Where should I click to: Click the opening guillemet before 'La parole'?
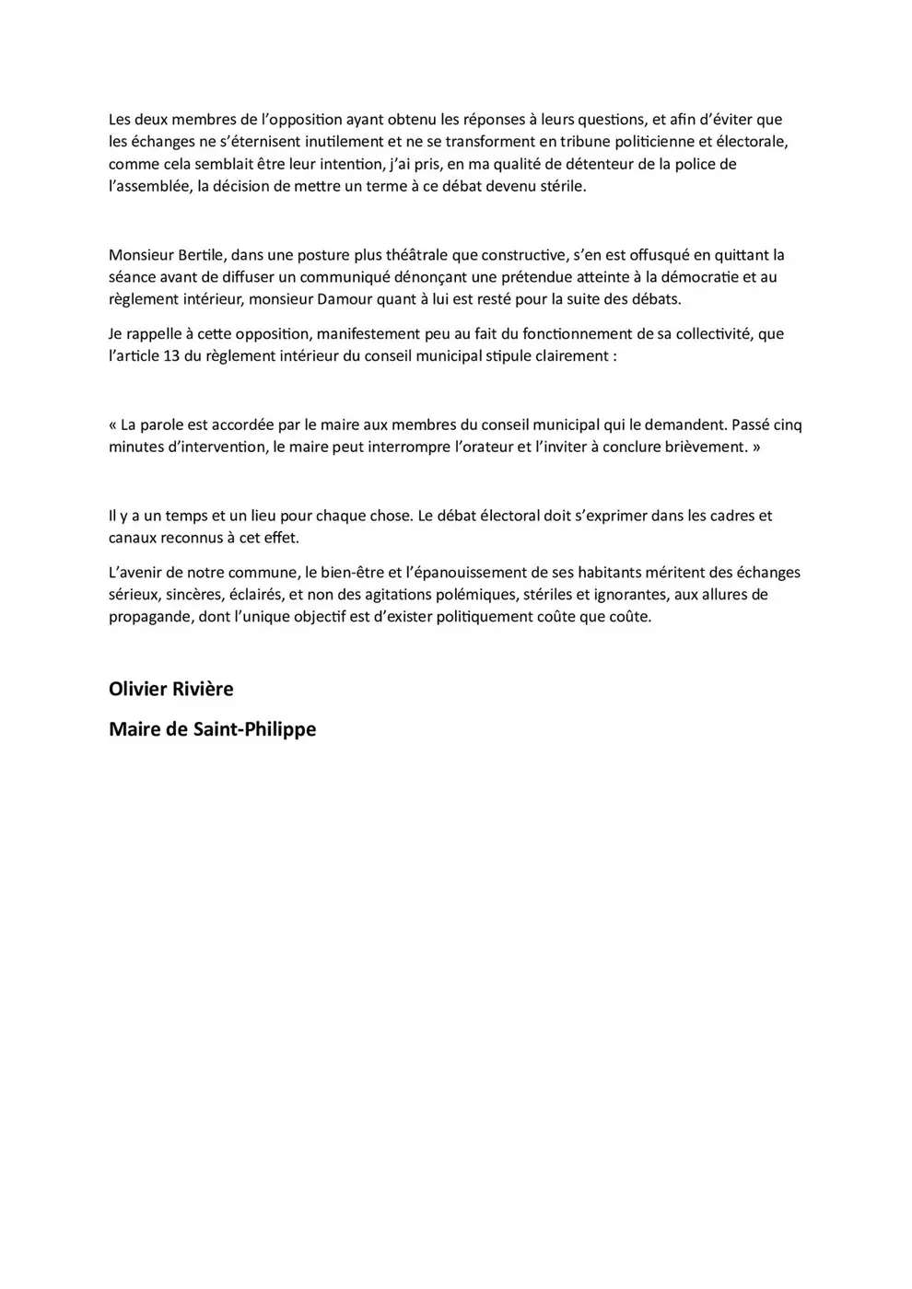click(x=113, y=424)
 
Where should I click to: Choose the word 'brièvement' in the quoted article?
click(x=699, y=447)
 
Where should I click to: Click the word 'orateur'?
click(x=480, y=447)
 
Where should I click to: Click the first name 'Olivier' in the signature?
click(x=137, y=689)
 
